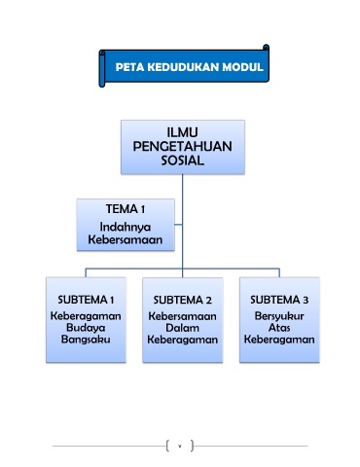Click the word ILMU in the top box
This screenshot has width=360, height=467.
point(182,132)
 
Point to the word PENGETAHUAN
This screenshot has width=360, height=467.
point(182,146)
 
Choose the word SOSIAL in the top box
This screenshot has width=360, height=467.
point(183,161)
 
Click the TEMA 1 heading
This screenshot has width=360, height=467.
point(126,209)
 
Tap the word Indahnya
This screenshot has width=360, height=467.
point(126,227)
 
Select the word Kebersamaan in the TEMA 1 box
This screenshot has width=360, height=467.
point(126,239)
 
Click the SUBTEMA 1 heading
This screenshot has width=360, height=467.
point(86,300)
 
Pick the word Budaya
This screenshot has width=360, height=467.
point(86,328)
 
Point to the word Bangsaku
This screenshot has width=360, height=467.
point(86,340)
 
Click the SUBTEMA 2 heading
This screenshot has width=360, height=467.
point(182,300)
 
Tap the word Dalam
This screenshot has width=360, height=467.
point(182,328)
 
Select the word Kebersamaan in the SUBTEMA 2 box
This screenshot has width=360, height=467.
point(182,316)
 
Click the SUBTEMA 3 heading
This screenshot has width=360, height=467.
point(279,300)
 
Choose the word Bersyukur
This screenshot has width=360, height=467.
point(279,316)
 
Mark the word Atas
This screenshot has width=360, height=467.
point(279,328)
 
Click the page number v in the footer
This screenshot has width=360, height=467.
point(179,447)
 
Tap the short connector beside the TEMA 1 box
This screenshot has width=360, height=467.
point(178,225)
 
